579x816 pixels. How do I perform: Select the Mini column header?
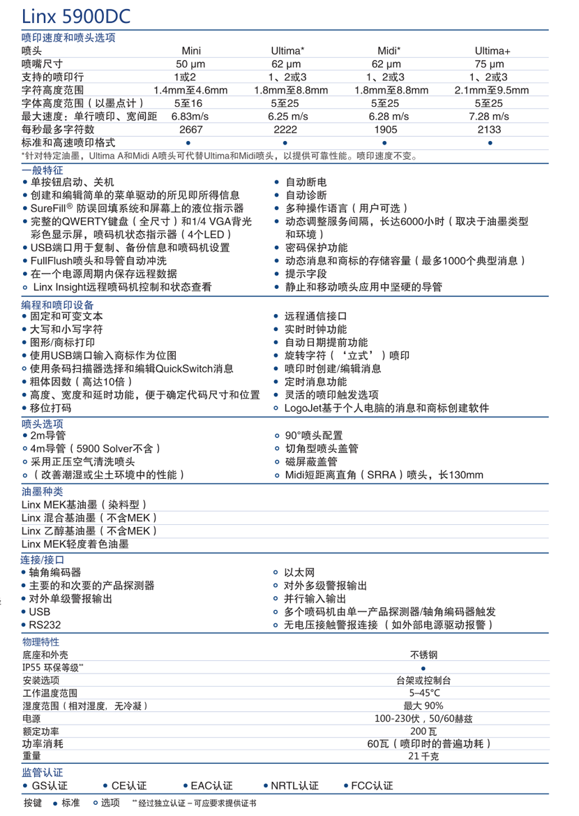point(191,51)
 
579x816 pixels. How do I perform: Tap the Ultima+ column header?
point(492,51)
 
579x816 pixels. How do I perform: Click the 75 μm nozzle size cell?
point(492,64)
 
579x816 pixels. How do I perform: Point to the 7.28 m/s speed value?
point(492,116)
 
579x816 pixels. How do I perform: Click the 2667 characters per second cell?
point(190,129)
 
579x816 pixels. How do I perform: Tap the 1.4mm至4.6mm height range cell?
point(190,90)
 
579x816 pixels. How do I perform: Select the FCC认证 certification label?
point(373,785)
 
